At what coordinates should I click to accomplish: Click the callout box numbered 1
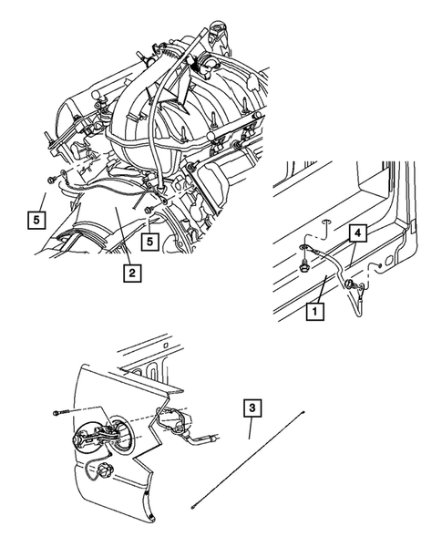tap(314, 311)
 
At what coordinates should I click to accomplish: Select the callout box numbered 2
tap(133, 272)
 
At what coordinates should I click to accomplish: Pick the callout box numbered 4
tap(359, 234)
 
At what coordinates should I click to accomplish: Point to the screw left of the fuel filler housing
tap(60, 415)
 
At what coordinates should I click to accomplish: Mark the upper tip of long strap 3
tap(303, 413)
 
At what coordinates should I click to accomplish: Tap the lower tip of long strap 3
tap(192, 504)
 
